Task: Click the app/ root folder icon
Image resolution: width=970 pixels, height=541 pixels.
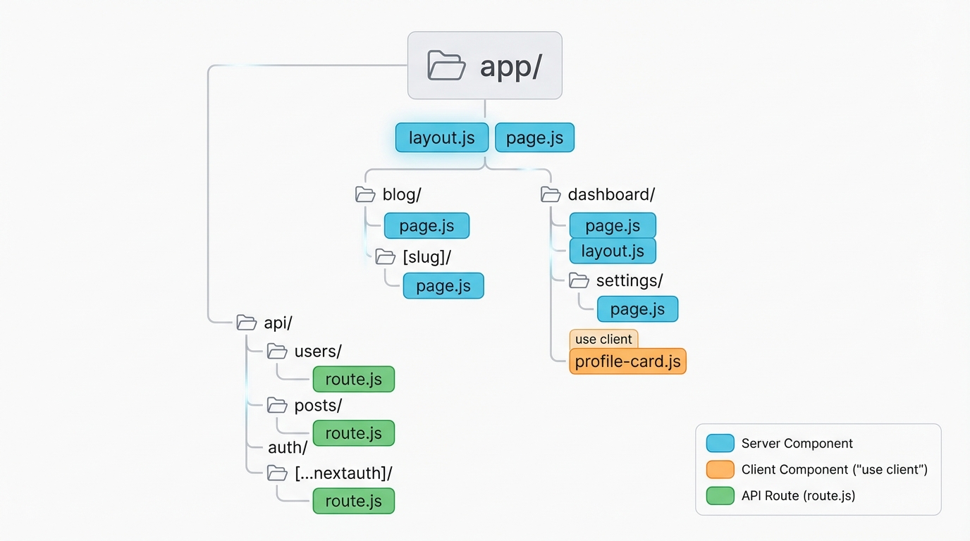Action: click(x=446, y=66)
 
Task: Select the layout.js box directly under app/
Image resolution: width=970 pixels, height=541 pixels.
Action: click(x=441, y=137)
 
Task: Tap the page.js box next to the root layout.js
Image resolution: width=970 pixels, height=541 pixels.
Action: click(x=534, y=137)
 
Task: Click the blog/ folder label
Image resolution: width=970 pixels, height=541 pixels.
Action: click(x=401, y=194)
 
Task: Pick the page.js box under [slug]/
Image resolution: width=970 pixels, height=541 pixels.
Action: click(x=443, y=286)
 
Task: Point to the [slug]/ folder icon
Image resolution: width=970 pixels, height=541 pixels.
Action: click(x=385, y=256)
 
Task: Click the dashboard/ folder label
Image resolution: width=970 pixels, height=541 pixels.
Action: click(x=611, y=194)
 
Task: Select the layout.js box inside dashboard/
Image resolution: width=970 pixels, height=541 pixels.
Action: click(x=612, y=251)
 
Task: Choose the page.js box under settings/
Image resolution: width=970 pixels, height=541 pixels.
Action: click(x=637, y=309)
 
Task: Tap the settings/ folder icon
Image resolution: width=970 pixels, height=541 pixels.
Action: click(x=579, y=280)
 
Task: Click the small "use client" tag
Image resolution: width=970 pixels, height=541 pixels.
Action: click(x=603, y=339)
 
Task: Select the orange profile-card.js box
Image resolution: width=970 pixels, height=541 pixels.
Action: click(x=627, y=361)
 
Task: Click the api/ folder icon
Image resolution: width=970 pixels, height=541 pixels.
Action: click(x=246, y=323)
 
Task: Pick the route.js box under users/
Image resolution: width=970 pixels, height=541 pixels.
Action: click(x=353, y=379)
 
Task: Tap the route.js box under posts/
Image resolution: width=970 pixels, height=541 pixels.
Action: click(x=353, y=433)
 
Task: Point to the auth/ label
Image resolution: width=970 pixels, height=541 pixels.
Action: click(x=287, y=447)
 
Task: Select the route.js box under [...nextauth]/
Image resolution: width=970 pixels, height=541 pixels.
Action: click(x=353, y=501)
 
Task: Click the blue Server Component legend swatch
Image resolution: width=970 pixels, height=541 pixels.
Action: click(x=720, y=443)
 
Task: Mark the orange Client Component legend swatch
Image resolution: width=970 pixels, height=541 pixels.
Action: click(x=720, y=469)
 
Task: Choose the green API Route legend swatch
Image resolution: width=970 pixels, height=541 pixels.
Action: click(x=720, y=495)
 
